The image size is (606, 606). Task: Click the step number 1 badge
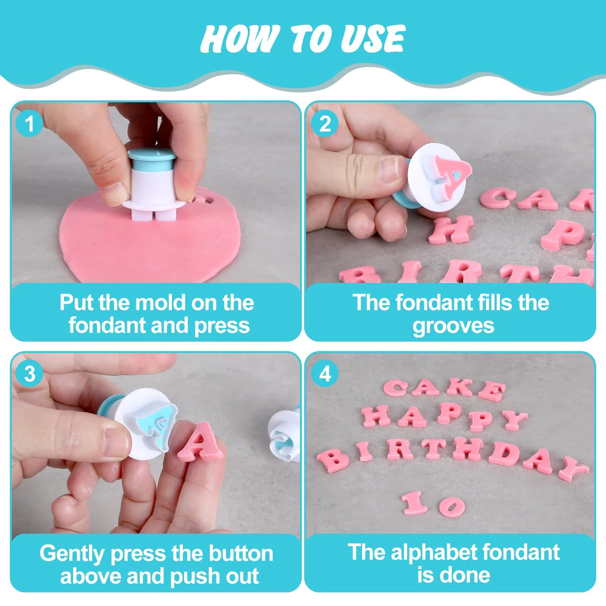(x=30, y=123)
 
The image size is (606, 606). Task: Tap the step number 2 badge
(x=325, y=123)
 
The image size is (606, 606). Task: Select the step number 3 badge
(x=30, y=374)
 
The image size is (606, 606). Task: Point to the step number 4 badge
(x=325, y=374)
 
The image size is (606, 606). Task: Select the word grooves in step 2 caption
(x=453, y=326)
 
